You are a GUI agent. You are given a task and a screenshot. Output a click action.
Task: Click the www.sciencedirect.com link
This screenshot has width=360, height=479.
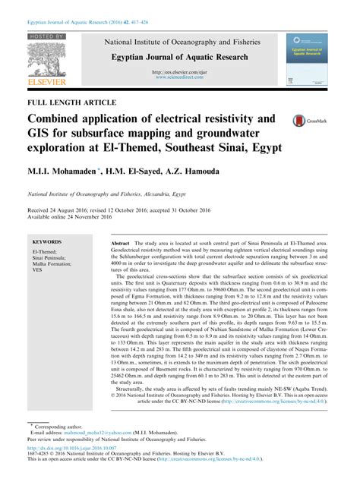[182, 77]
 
